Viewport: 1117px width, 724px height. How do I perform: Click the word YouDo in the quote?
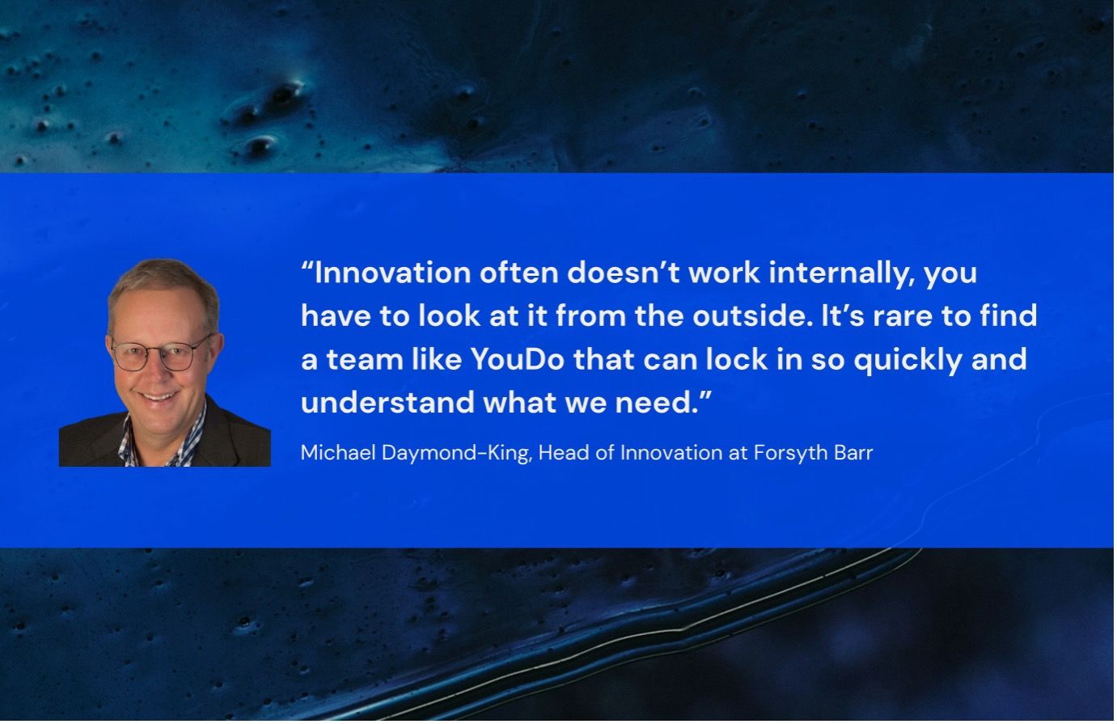518,359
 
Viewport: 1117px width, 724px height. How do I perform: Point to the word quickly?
908,360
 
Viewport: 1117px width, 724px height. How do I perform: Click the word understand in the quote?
387,402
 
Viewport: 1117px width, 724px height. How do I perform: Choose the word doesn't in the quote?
624,273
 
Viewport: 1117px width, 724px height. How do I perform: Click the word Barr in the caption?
854,453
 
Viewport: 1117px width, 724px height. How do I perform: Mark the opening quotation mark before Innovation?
307,265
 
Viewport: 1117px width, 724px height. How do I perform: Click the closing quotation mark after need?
705,395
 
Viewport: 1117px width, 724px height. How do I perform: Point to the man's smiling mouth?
158,397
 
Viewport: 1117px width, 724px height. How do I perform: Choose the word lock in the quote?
737,359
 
